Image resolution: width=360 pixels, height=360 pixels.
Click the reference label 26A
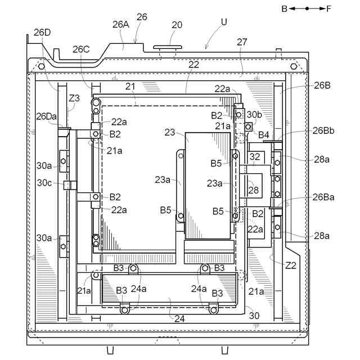click(x=121, y=24)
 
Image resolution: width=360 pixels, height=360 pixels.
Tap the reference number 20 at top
click(x=177, y=25)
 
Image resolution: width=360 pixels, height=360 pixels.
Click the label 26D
click(x=42, y=32)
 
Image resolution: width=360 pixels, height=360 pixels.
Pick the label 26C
click(x=81, y=49)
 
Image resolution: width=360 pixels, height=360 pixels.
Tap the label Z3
click(x=74, y=98)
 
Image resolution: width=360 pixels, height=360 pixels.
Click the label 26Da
click(x=46, y=116)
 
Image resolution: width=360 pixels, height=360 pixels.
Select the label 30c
click(x=45, y=183)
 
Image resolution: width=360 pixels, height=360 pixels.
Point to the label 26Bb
click(x=324, y=130)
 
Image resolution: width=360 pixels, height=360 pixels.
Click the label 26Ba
click(x=324, y=197)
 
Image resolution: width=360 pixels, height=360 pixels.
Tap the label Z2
click(x=290, y=265)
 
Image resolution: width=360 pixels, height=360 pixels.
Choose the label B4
click(x=264, y=134)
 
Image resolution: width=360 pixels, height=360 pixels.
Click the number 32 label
click(x=255, y=157)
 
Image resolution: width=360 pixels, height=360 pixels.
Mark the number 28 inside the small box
click(x=254, y=190)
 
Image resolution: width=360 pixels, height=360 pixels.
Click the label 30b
click(x=254, y=115)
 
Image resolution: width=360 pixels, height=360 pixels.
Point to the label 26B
click(x=322, y=85)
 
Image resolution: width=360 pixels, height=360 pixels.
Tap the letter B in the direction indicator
click(x=285, y=8)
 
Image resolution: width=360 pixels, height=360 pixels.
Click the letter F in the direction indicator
click(x=328, y=8)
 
